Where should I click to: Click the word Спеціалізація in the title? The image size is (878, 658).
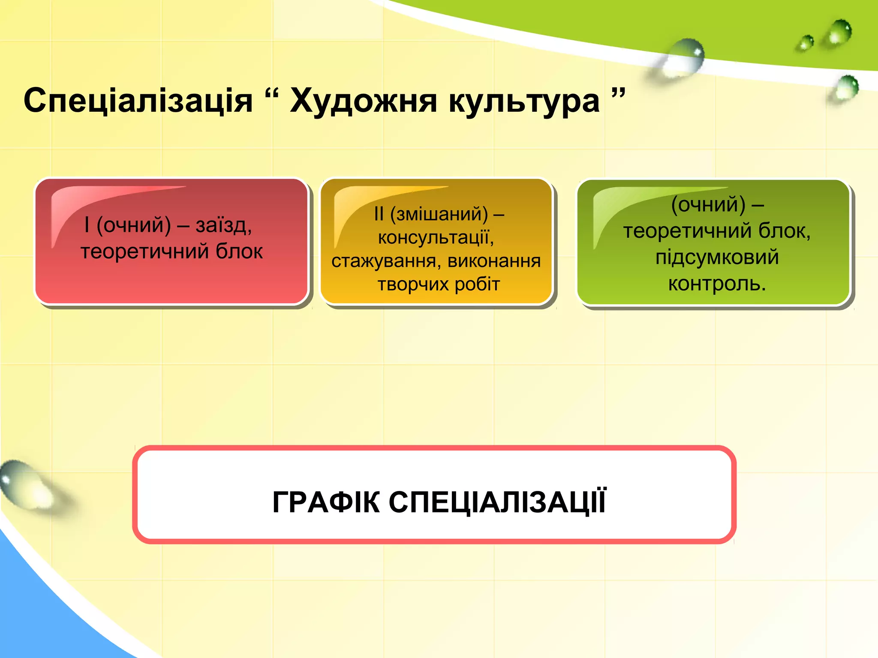click(138, 101)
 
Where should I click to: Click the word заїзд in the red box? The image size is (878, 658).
click(223, 225)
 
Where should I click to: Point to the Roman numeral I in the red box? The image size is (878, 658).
click(87, 224)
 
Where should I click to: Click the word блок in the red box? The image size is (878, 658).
click(239, 251)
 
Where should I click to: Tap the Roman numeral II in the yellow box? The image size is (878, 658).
click(379, 214)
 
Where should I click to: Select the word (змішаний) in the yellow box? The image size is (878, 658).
click(439, 214)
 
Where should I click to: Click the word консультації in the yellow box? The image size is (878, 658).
click(436, 237)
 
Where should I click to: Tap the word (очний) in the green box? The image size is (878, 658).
click(708, 204)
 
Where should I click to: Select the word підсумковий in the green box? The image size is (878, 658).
click(717, 257)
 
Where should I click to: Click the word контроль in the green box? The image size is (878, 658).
click(713, 284)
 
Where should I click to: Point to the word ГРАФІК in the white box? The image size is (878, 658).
click(326, 502)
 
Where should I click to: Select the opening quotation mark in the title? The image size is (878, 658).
click(272, 93)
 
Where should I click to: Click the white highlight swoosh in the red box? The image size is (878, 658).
click(86, 201)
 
